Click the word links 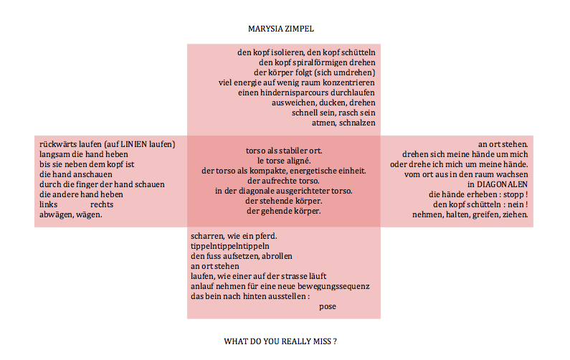pos(48,204)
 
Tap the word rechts pos(102,204)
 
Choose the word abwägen pos(57,214)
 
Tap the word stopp pos(511,194)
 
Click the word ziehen pos(515,214)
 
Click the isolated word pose pos(328,306)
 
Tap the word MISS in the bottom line pos(319,341)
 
